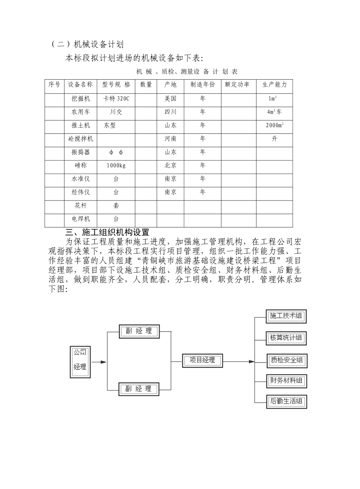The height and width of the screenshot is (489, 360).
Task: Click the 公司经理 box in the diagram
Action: pos(80,362)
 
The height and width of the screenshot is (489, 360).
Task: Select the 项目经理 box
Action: pos(202,360)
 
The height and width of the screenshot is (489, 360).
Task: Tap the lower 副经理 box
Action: pos(139,389)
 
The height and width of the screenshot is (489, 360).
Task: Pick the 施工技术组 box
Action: pos(286,316)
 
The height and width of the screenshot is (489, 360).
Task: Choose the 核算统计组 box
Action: pos(286,338)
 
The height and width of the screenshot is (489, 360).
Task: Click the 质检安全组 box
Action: pos(286,360)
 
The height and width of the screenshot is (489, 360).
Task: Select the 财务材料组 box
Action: pos(286,381)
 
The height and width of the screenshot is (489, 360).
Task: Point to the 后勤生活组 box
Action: pos(286,401)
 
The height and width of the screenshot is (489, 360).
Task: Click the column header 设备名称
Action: pos(80,85)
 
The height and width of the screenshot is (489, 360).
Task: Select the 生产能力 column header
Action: pos(274,85)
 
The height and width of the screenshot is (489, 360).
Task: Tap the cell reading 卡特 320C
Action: pos(116,99)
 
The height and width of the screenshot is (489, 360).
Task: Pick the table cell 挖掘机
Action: pos(80,99)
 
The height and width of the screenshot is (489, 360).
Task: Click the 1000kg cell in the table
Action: pos(116,166)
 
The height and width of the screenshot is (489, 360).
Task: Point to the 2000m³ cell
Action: pos(274,125)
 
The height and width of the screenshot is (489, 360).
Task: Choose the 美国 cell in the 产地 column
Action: pos(171,99)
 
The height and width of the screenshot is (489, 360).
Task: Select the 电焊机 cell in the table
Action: pos(80,219)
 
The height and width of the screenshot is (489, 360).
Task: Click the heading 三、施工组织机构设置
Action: pos(107,232)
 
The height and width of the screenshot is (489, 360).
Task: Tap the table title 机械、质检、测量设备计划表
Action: pos(187,72)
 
